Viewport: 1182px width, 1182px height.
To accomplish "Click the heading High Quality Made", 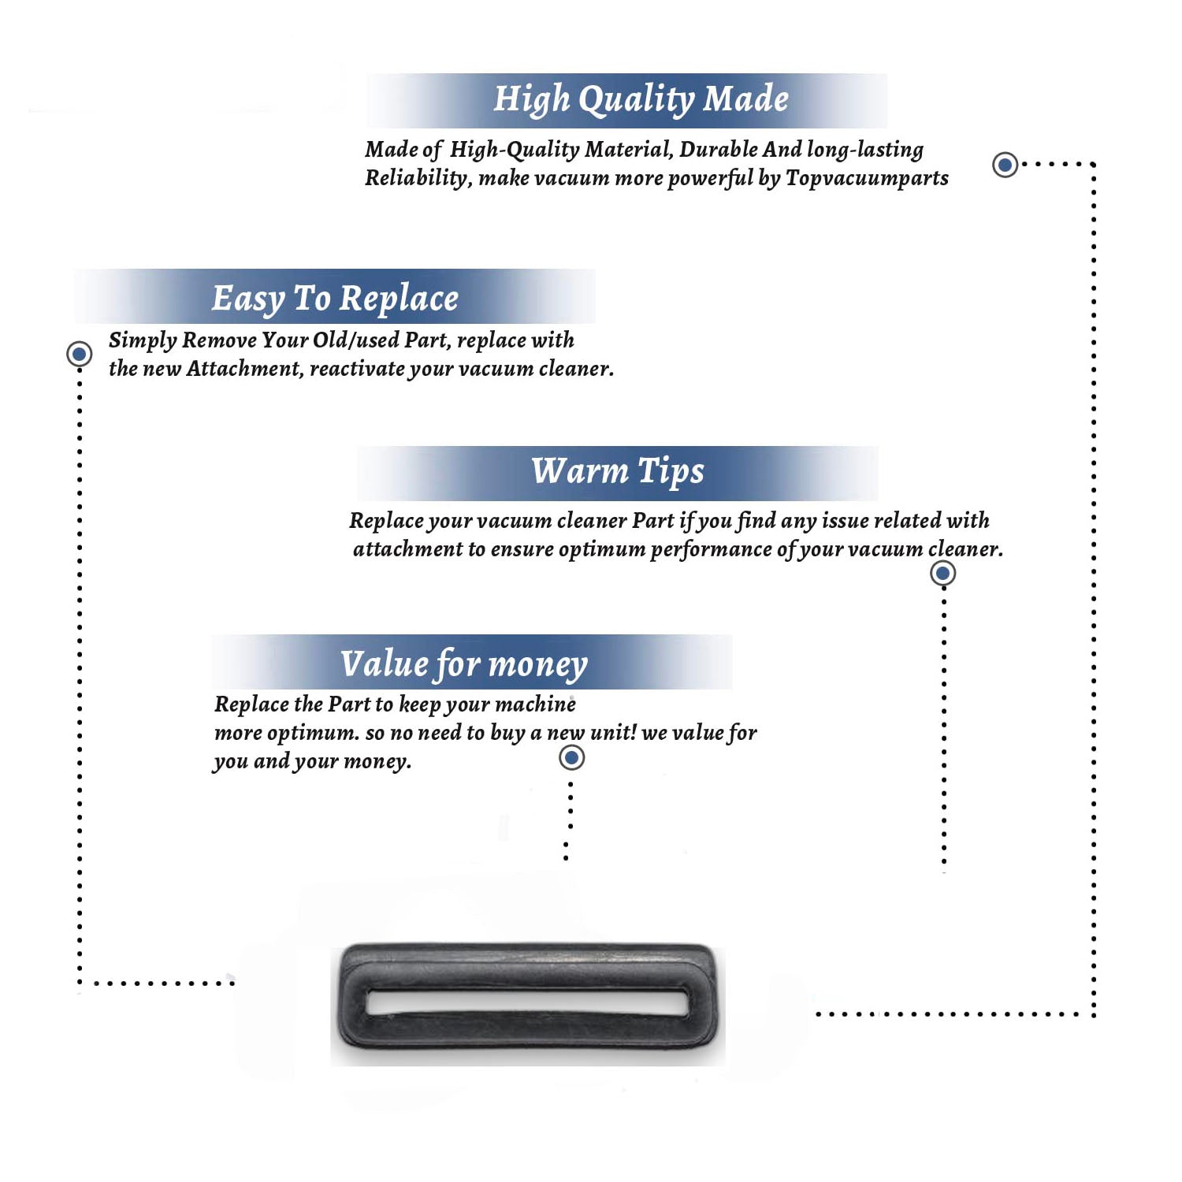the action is click(x=641, y=100).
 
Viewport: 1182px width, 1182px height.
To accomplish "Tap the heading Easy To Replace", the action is click(x=335, y=299).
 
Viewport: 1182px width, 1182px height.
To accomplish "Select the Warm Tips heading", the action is click(x=617, y=472).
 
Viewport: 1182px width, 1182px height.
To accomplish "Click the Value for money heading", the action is click(x=464, y=664).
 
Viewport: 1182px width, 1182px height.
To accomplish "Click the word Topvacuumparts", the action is click(x=867, y=179).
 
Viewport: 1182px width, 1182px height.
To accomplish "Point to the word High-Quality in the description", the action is click(x=515, y=150).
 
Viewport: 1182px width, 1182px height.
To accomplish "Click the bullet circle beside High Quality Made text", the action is click(x=1005, y=165).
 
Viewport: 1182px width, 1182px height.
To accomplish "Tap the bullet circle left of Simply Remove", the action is click(x=79, y=354).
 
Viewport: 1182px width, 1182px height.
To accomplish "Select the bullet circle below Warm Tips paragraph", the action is click(x=942, y=573).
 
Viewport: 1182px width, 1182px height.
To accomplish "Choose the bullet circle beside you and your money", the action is click(x=571, y=758).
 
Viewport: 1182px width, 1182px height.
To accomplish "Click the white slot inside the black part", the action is click(x=527, y=1002).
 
